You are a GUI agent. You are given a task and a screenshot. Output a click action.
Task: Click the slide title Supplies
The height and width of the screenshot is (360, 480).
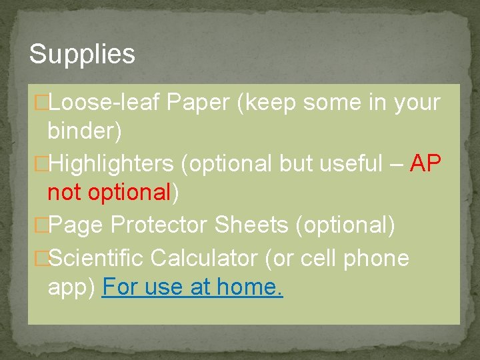82,55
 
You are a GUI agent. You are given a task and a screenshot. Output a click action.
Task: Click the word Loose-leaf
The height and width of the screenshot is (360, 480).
105,103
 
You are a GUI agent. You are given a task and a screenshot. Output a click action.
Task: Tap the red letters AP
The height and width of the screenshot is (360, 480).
425,163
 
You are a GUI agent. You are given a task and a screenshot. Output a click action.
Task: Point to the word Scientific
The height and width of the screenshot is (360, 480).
96,257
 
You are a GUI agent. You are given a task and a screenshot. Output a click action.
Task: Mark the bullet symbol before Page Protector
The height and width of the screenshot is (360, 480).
42,226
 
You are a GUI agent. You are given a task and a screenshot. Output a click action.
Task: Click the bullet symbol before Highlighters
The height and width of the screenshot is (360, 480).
42,163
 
